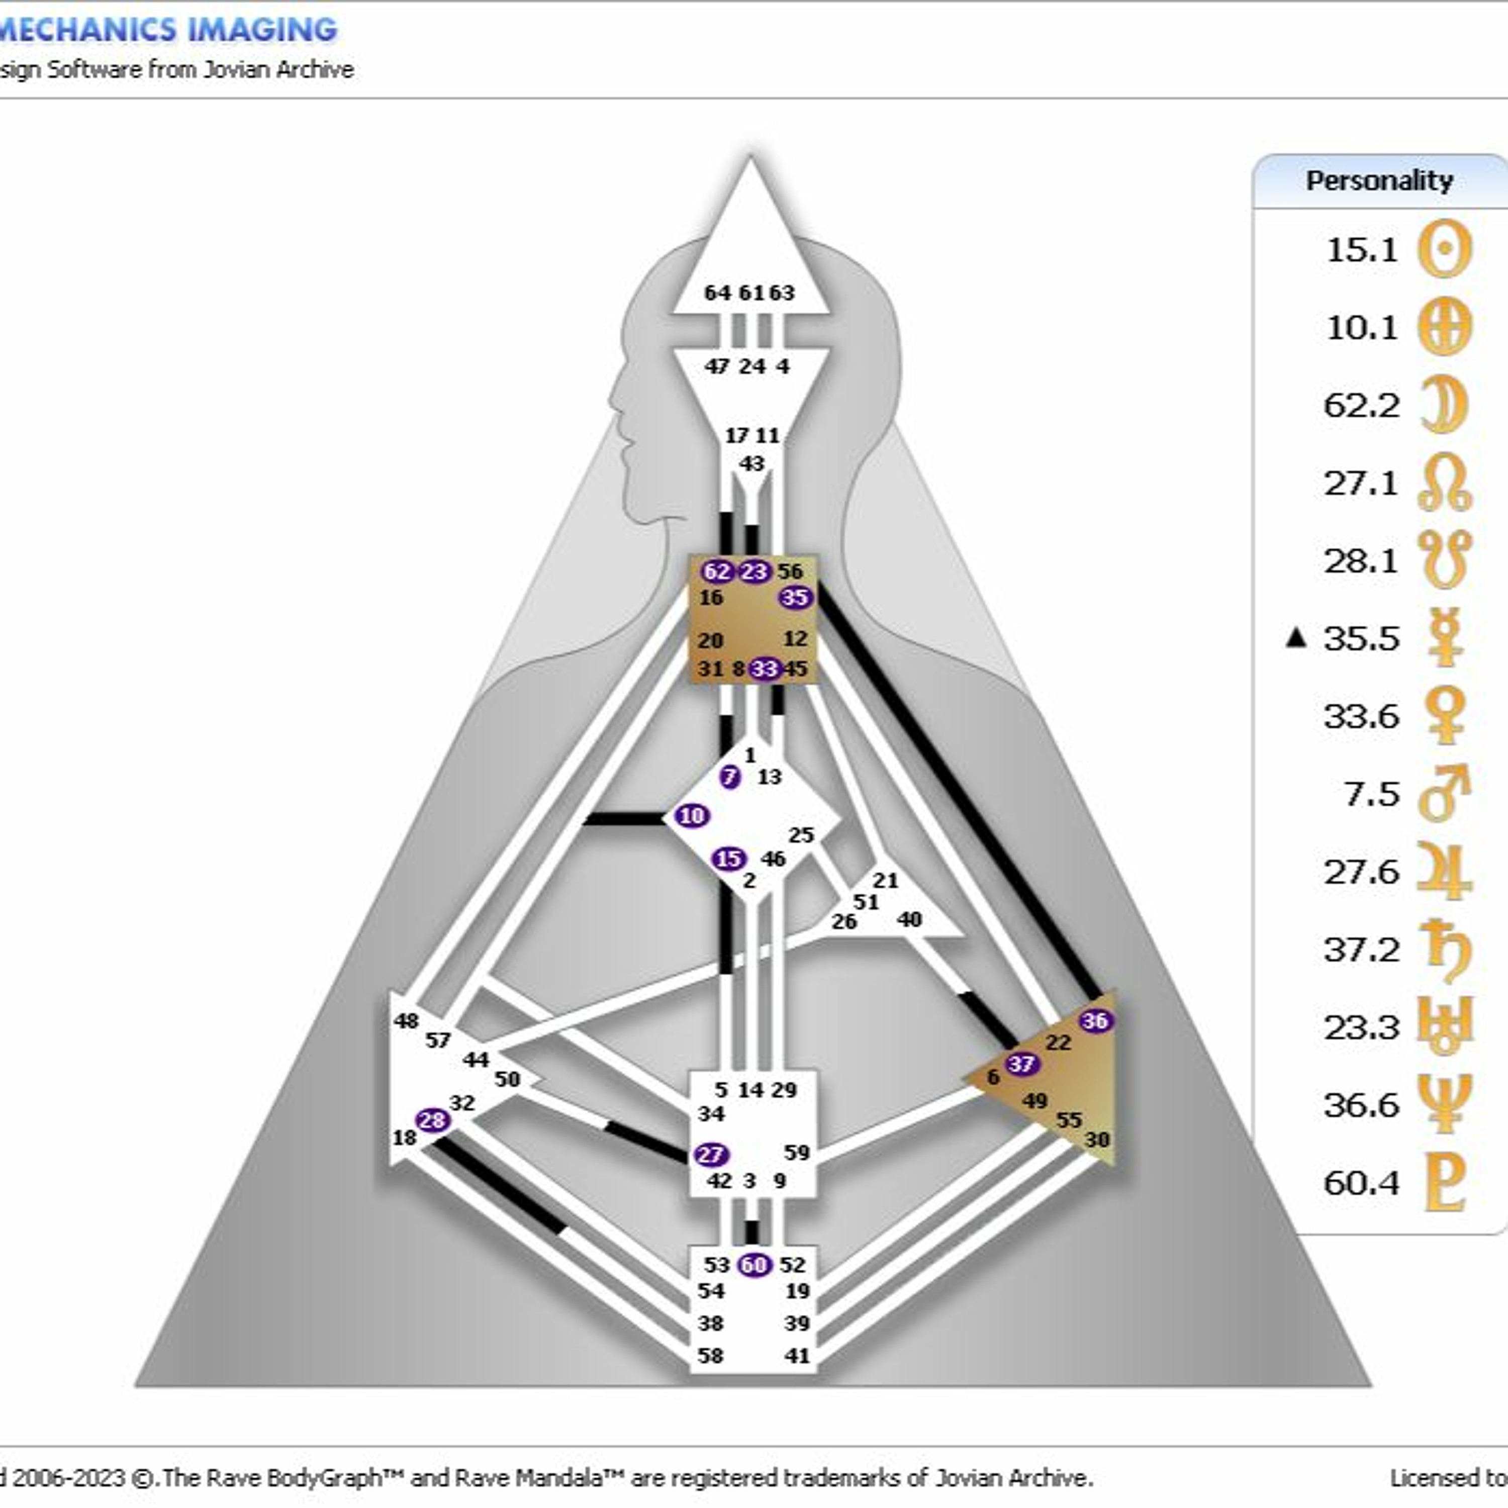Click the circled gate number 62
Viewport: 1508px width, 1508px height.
pyautogui.click(x=716, y=572)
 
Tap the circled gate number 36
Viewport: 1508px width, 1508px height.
pyautogui.click(x=1095, y=1020)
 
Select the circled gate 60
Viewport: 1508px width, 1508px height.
pyautogui.click(x=754, y=1265)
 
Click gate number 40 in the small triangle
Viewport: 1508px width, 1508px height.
pyautogui.click(x=909, y=919)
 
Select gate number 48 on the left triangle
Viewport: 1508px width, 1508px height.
pyautogui.click(x=406, y=1021)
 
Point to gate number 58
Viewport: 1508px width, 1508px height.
pyautogui.click(x=710, y=1356)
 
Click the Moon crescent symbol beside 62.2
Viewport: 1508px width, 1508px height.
pyautogui.click(x=1444, y=404)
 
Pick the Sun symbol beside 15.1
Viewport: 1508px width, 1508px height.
pyautogui.click(x=1445, y=249)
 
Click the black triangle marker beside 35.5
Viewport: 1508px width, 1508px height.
pyautogui.click(x=1296, y=638)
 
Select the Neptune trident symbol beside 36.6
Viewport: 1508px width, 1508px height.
pyautogui.click(x=1445, y=1104)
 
